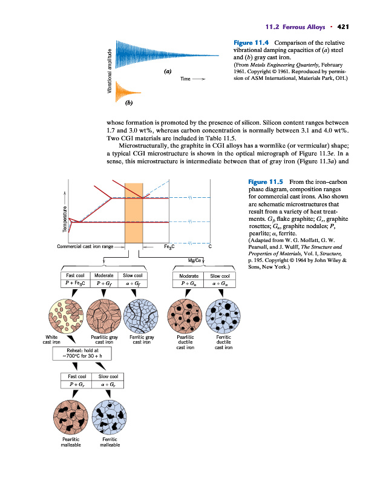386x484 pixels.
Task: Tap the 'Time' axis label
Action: pyautogui.click(x=186, y=79)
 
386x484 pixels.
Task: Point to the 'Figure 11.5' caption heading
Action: pyautogui.click(x=267, y=182)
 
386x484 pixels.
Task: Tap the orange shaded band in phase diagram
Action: pyautogui.click(x=132, y=212)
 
